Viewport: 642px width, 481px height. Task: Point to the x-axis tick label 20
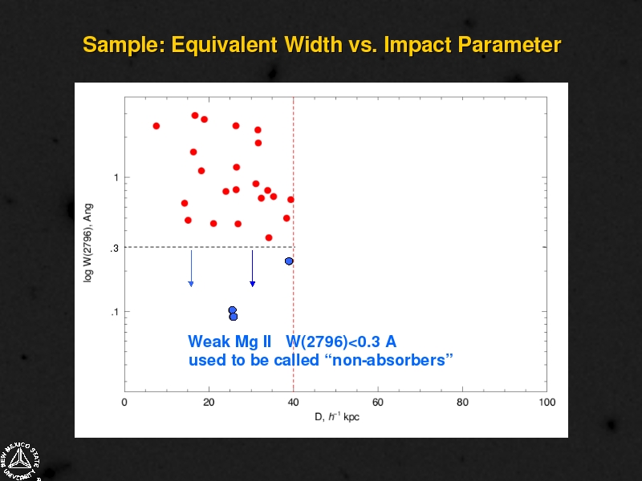[x=209, y=402]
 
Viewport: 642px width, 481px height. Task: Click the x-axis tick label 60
[x=377, y=402]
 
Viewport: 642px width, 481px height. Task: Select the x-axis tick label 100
[x=547, y=402]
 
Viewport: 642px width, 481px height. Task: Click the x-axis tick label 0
[x=124, y=402]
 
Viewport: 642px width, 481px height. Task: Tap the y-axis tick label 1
[x=116, y=177]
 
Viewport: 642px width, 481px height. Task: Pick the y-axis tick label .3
[x=114, y=249]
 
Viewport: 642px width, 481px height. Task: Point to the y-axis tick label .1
[x=114, y=312]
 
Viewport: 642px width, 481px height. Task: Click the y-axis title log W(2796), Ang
[x=88, y=243]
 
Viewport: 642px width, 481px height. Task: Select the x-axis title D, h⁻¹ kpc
[x=337, y=417]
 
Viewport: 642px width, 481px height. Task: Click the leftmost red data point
[x=156, y=126]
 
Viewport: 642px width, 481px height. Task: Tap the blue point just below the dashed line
[x=289, y=261]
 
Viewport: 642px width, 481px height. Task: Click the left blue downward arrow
[x=191, y=269]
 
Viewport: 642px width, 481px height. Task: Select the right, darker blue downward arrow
[x=252, y=269]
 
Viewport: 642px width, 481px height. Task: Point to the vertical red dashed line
[x=293, y=245]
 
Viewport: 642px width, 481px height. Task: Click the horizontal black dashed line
[x=209, y=247]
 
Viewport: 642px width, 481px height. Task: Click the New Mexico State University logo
[x=19, y=461]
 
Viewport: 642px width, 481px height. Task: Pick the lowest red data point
[x=269, y=237]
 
